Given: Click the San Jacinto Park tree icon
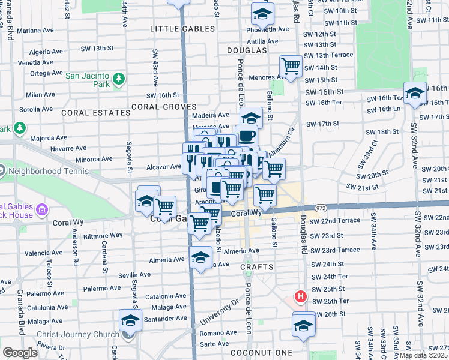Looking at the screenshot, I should point(118,79).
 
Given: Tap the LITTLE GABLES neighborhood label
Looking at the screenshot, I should point(182,29).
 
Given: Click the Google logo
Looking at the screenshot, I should point(20,353).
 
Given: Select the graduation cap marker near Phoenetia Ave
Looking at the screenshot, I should point(262,13).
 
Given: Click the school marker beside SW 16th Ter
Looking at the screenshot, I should point(415,92).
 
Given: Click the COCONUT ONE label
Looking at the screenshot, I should point(265,352).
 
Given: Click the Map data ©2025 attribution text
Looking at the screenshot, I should point(423,355).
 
